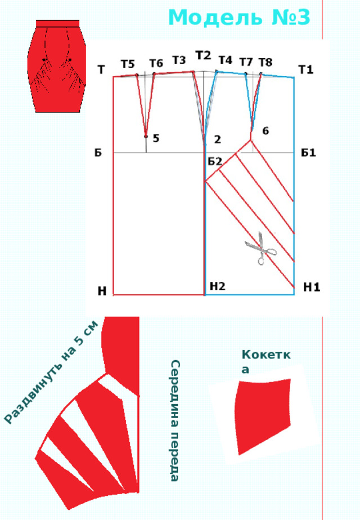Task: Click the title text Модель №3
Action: pos(239,17)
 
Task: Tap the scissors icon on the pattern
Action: pos(260,249)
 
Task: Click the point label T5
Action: pos(128,64)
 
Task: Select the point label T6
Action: pos(156,63)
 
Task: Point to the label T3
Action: pos(179,60)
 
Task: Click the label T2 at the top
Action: pos(203,55)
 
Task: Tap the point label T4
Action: pos(226,60)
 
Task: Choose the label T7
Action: pos(246,62)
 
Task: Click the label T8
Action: pos(265,62)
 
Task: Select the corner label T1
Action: pos(306,70)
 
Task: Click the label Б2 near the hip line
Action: pos(215,162)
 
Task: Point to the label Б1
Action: pos(309,153)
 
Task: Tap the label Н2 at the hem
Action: pos(218,286)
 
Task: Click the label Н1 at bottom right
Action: pos(312,287)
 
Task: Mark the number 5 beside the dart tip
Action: pos(156,138)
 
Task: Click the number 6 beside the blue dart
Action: pos(265,131)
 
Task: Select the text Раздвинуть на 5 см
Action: pos(52,372)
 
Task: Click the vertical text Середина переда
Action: pos(175,420)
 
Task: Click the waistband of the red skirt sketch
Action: pos(58,23)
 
